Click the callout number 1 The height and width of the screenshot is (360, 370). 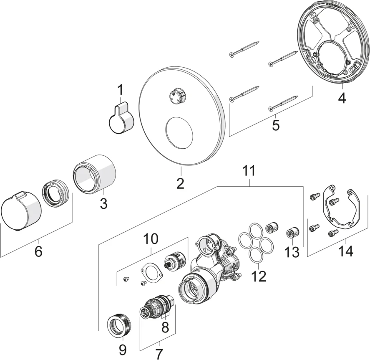click(x=120, y=89)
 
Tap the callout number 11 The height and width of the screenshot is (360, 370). click(x=249, y=171)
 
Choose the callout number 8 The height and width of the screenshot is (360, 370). click(x=165, y=327)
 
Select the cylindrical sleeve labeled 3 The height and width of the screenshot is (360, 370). click(x=95, y=174)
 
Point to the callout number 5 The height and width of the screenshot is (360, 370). click(x=276, y=125)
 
